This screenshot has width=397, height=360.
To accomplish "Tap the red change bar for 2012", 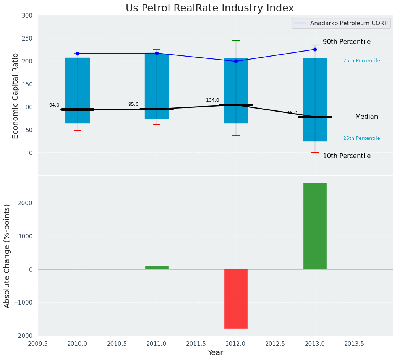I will [236, 298].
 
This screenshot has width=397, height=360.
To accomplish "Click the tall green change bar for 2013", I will [315, 226].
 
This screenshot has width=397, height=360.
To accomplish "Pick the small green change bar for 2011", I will [157, 267].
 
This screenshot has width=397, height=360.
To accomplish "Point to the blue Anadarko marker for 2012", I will [236, 61].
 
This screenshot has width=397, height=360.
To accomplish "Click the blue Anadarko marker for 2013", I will [315, 49].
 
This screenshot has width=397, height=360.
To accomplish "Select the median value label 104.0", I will [212, 101].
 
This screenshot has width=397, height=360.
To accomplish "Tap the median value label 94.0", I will [54, 105].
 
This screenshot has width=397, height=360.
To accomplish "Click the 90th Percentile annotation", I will [347, 42].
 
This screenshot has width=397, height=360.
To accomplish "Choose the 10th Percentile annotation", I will [347, 156].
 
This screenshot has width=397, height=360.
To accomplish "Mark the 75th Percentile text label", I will [361, 61].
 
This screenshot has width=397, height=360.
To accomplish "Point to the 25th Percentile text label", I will [361, 138].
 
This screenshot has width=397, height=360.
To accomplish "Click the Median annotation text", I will [366, 117].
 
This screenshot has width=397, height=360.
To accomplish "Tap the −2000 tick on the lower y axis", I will [24, 336].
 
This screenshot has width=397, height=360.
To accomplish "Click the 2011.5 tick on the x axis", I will [196, 344].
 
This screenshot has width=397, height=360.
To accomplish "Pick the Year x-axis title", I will [215, 353].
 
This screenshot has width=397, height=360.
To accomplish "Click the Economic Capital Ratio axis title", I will [16, 96].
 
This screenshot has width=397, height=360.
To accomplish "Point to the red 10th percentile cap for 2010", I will [78, 131].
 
